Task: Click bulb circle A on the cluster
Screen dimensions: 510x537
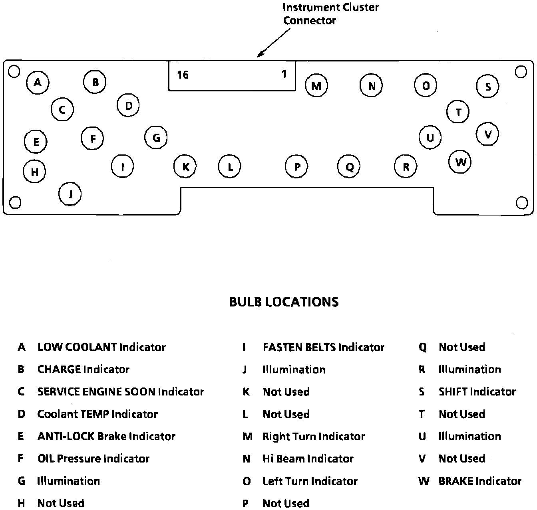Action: coord(38,83)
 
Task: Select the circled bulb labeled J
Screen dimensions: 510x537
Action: coord(70,194)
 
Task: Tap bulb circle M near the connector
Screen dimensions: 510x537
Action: coord(316,86)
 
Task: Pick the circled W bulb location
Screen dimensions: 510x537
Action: coord(460,162)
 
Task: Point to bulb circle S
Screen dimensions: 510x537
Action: coord(487,86)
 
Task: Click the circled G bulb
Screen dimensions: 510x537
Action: coord(156,138)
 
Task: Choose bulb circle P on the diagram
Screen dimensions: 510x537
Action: coord(297,166)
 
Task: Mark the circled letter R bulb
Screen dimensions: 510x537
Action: coord(406,166)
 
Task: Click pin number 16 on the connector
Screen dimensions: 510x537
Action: coord(183,75)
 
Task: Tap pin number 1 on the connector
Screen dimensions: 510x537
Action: coord(284,74)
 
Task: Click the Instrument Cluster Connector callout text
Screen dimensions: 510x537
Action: coord(330,14)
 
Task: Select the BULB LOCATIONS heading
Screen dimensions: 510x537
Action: coord(284,302)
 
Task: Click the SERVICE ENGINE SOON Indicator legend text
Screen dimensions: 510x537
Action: coord(121,392)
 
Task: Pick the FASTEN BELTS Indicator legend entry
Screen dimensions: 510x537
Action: coord(323,347)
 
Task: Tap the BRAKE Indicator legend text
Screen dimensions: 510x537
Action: coord(480,481)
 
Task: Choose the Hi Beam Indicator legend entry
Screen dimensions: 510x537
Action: coord(308,459)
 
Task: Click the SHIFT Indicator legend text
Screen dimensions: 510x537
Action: coord(477,392)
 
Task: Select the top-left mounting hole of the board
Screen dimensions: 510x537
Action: coord(14,71)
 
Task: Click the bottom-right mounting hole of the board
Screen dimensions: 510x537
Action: coord(521,203)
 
